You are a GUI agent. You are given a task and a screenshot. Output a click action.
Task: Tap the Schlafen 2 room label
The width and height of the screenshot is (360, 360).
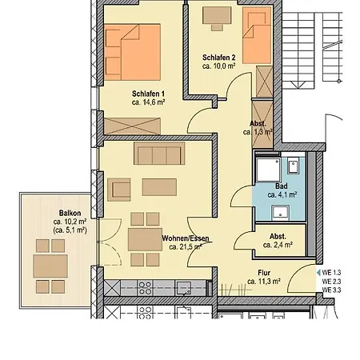pyautogui.click(x=218, y=57)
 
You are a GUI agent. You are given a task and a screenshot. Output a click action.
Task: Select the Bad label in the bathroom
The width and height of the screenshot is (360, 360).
pyautogui.click(x=282, y=186)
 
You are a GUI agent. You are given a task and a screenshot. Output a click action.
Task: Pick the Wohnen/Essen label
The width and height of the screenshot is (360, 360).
pyautogui.click(x=186, y=238)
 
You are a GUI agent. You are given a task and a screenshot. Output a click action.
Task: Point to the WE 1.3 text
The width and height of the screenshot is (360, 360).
pyautogui.click(x=332, y=273)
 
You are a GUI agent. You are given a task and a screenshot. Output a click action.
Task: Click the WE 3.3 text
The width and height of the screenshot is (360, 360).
pyautogui.click(x=332, y=290)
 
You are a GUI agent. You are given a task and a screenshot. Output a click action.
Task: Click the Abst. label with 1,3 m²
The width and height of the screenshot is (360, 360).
pyautogui.click(x=258, y=123)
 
